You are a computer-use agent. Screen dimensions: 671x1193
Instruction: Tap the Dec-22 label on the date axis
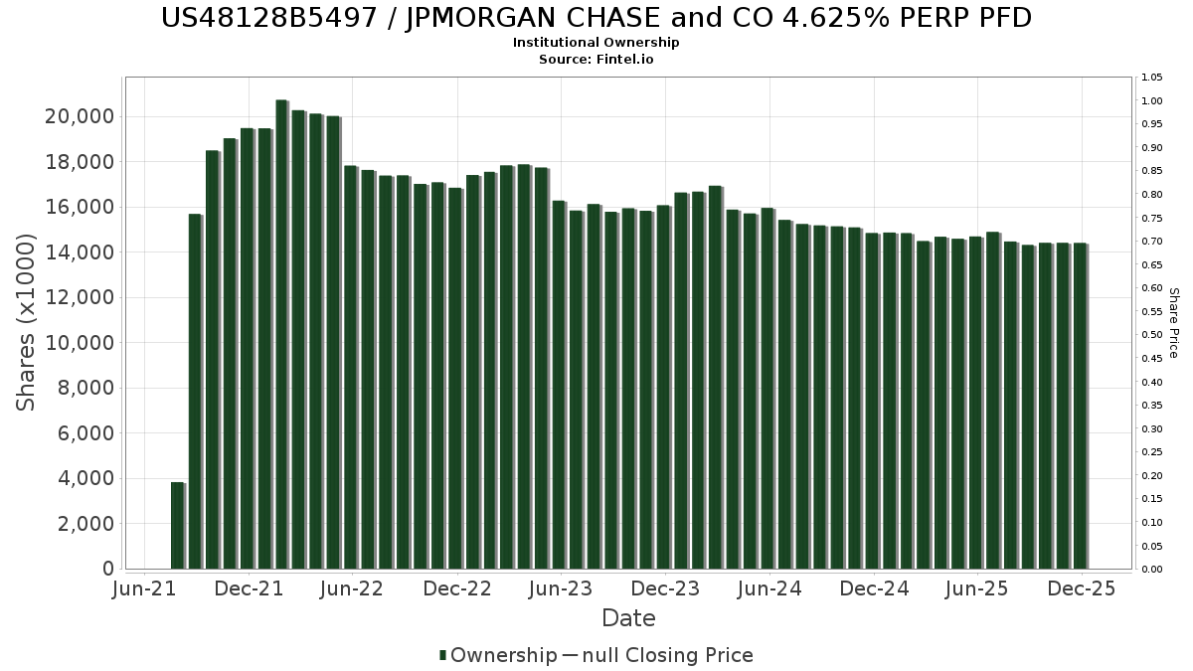pyautogui.click(x=457, y=588)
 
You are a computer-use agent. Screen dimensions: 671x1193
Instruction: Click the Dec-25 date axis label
pyautogui.click(x=1082, y=588)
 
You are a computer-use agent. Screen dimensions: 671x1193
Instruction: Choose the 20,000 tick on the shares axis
pyautogui.click(x=80, y=117)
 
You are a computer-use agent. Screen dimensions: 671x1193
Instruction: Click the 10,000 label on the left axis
pyautogui.click(x=80, y=343)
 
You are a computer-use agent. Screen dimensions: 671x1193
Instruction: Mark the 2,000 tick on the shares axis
pyautogui.click(x=85, y=524)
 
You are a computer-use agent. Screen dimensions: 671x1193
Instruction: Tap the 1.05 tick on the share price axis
pyautogui.click(x=1152, y=78)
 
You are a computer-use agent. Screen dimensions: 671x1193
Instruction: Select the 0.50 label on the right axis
pyautogui.click(x=1152, y=335)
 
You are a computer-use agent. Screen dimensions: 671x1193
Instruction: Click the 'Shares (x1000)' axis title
pyautogui.click(x=27, y=322)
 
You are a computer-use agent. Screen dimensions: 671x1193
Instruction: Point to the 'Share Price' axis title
pyautogui.click(x=1173, y=323)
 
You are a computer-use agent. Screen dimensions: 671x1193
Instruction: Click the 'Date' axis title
pyautogui.click(x=628, y=618)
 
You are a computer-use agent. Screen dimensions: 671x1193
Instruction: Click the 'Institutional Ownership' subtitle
pyautogui.click(x=596, y=43)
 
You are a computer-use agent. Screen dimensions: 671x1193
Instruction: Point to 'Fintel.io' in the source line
pyautogui.click(x=626, y=60)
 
